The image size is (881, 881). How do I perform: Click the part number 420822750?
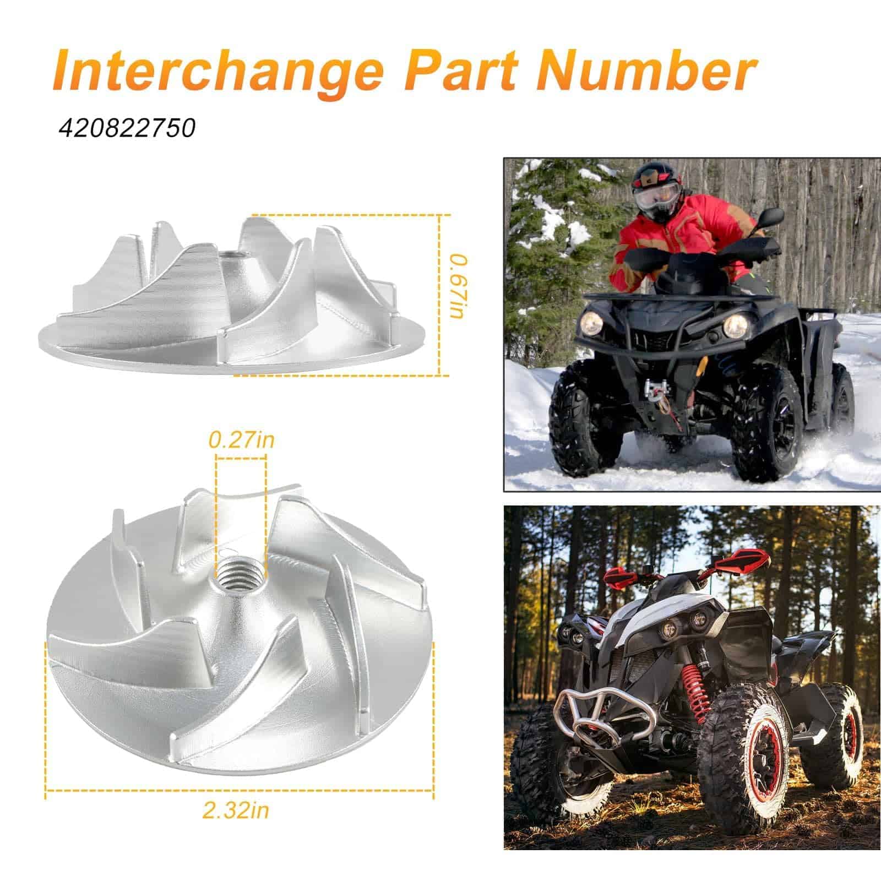pyautogui.click(x=128, y=128)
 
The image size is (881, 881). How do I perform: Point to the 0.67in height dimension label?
pyautogui.click(x=458, y=286)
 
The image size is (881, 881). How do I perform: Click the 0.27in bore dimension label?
pyautogui.click(x=241, y=440)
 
